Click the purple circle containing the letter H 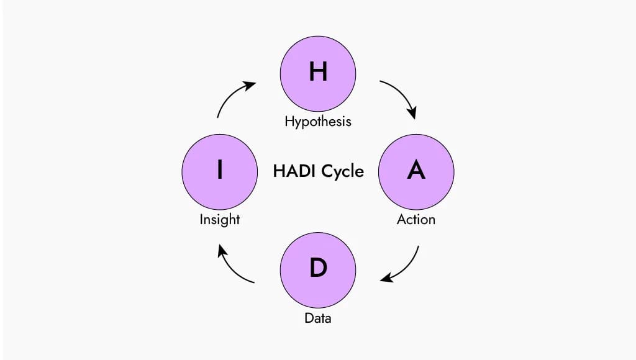318,74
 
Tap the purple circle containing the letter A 416,172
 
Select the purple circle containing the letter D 318,270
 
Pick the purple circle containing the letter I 219,172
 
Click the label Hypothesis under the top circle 318,121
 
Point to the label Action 416,219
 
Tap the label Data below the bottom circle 318,318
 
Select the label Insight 219,219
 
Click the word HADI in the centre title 294,171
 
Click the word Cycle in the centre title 342,172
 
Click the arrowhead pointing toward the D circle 386,277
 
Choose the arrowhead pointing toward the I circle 222,250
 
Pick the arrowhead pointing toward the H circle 250,86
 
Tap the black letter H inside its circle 318,71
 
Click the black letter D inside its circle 318,268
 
